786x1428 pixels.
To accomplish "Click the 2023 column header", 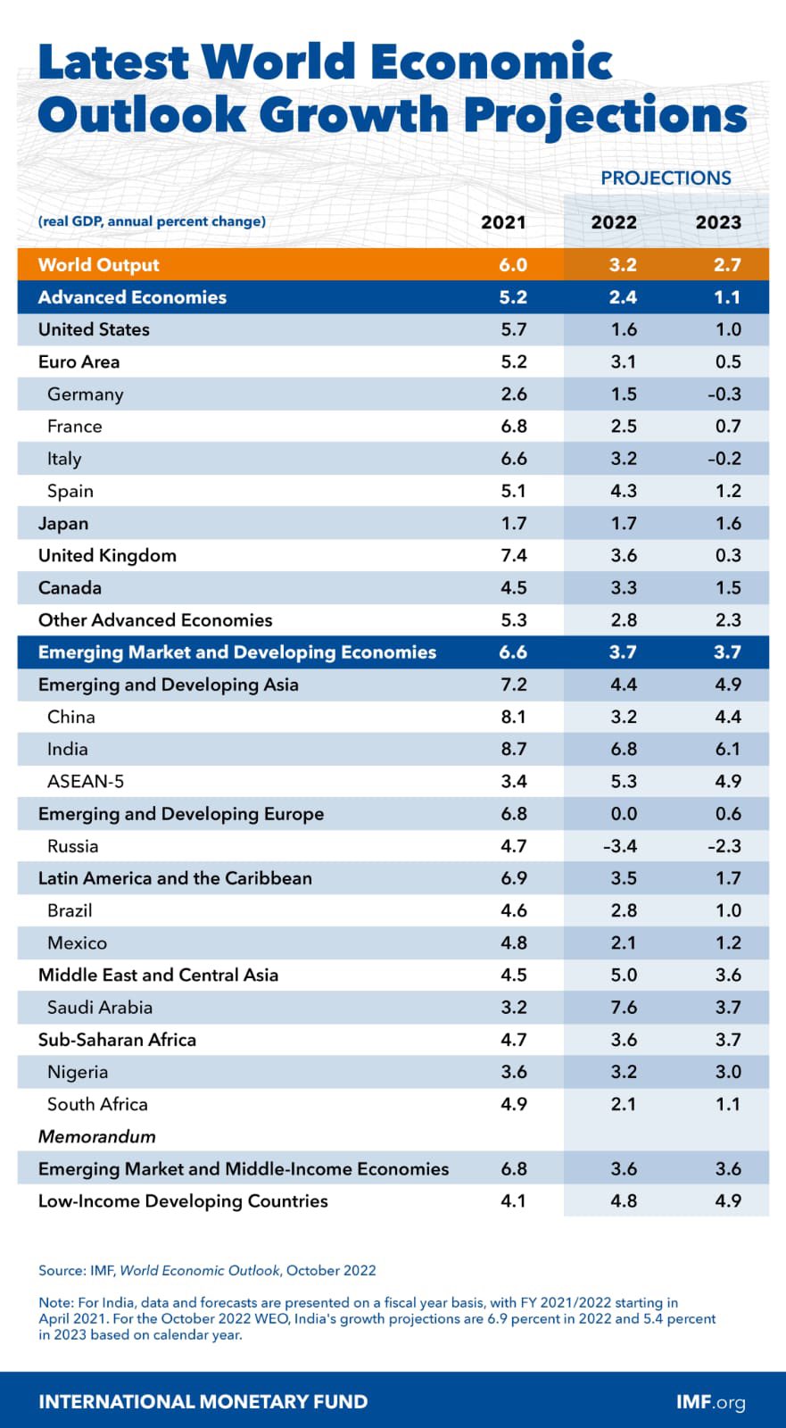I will (717, 222).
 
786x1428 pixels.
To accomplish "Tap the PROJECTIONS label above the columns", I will (666, 178).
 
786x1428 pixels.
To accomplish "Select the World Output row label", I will (98, 264).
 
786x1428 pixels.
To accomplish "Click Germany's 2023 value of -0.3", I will (724, 394).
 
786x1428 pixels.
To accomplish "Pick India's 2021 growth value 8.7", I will (513, 749).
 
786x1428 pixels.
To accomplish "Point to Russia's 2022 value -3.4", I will (620, 845).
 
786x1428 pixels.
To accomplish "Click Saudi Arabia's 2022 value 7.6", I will (623, 1007).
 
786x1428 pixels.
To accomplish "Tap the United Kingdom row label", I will (107, 555).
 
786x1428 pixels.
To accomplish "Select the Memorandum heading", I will (96, 1136).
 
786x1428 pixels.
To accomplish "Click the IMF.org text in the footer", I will (710, 1401).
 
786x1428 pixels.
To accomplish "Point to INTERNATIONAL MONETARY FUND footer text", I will (203, 1401).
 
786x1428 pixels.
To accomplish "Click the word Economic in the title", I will (490, 62).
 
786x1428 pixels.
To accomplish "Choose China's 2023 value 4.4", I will (727, 717).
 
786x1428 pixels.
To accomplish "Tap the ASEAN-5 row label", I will (86, 781).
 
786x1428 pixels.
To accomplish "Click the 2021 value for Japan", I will (513, 523).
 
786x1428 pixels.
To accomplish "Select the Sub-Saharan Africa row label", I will (117, 1039).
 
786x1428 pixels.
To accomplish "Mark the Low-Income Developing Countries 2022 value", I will (623, 1200).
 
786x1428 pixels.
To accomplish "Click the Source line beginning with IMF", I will (207, 1270).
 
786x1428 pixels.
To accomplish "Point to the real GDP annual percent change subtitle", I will (152, 221).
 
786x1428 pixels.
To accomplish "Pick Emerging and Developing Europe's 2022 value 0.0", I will (623, 813).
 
